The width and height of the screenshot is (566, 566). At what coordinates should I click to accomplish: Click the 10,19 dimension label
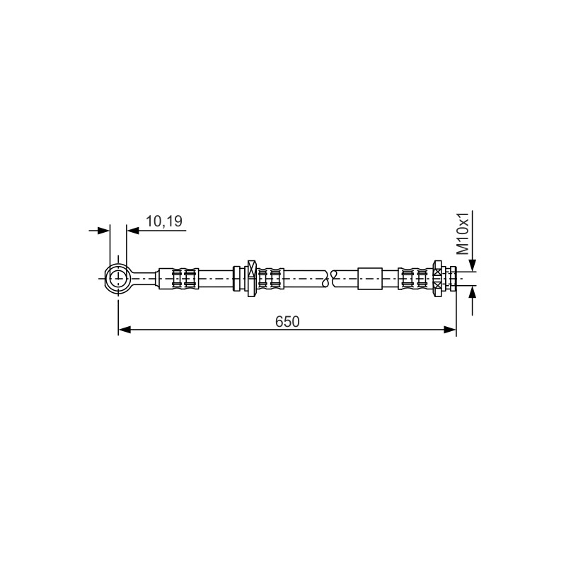[x=164, y=221]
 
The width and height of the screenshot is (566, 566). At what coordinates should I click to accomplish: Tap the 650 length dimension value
[x=287, y=322]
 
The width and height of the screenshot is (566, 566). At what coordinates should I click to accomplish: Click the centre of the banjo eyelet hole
[x=118, y=279]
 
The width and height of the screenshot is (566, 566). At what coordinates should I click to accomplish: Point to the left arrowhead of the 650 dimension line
[x=125, y=330]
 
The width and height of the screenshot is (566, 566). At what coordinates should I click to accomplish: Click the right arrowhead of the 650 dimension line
[x=450, y=330]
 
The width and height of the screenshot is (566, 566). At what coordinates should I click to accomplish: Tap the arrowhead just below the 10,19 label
[x=133, y=231]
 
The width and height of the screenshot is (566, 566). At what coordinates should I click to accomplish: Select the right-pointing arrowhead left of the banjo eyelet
[x=103, y=231]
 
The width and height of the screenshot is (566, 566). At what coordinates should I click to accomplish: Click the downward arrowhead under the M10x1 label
[x=473, y=265]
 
